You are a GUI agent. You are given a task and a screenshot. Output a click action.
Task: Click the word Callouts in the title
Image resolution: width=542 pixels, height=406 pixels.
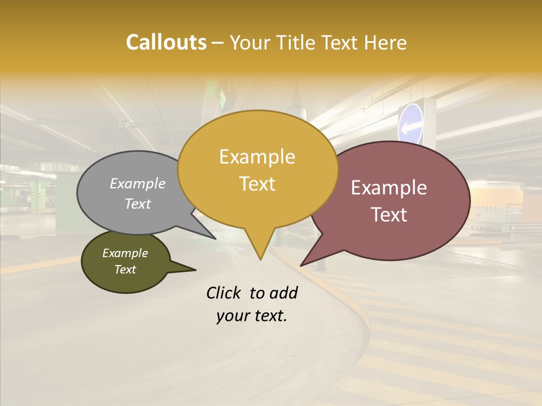(x=166, y=42)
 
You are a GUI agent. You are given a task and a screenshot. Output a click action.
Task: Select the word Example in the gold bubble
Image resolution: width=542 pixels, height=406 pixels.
(x=257, y=157)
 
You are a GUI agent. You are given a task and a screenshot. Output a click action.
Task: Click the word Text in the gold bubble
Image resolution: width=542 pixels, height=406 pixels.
(x=257, y=184)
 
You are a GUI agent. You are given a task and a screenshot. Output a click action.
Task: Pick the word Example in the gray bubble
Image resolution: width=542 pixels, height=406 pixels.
(x=138, y=183)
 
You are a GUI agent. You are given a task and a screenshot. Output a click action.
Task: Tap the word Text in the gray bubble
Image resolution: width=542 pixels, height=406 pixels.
(x=138, y=204)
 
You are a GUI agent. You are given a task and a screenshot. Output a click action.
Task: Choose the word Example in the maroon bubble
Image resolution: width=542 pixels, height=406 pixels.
(x=389, y=188)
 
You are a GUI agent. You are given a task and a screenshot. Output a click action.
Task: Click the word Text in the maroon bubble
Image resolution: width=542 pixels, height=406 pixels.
(x=389, y=215)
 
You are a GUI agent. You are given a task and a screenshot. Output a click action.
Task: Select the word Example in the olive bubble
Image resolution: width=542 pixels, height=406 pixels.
(x=125, y=253)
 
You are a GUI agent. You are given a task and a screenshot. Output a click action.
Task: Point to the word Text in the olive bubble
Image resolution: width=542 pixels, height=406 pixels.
(x=125, y=270)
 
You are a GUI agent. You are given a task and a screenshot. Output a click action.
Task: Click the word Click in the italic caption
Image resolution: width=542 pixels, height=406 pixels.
(x=224, y=293)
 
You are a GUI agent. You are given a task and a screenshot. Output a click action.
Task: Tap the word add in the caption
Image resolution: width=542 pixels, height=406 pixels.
(x=283, y=293)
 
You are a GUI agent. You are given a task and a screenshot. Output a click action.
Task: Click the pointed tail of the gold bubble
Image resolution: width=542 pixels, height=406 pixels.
(x=260, y=257)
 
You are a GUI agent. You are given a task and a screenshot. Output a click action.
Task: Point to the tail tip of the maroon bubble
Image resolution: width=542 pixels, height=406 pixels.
(x=303, y=264)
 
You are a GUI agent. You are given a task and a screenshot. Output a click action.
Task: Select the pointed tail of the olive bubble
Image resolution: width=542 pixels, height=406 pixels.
(x=192, y=270)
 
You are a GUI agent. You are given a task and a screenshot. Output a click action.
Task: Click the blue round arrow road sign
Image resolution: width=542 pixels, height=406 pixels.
(x=410, y=123)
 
